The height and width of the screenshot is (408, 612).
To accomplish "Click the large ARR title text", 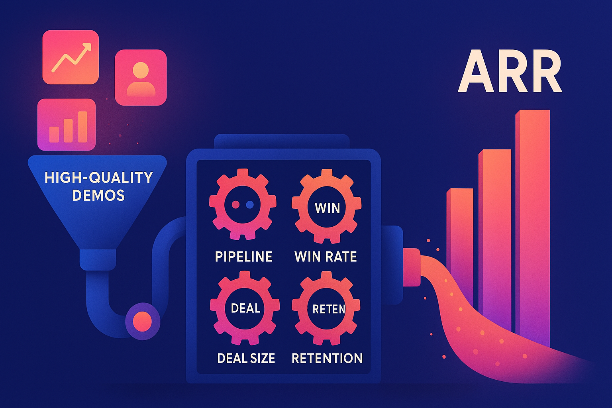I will click(x=510, y=72).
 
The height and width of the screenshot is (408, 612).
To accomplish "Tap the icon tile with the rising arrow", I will click(x=71, y=57).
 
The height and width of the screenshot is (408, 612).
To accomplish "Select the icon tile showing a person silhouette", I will click(x=140, y=77).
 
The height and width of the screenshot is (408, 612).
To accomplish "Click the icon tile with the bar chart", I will click(x=67, y=124).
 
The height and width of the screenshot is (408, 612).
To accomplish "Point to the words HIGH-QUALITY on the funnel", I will click(x=98, y=177).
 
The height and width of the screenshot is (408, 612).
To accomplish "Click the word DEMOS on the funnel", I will click(x=98, y=195).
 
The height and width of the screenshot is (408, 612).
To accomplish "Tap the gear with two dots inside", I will click(x=243, y=204).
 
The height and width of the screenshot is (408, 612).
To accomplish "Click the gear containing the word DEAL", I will click(x=245, y=308).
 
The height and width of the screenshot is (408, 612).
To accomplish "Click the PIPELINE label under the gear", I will click(x=243, y=257).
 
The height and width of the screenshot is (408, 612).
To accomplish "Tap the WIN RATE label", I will click(x=326, y=257).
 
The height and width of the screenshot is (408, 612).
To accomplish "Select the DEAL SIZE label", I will click(x=246, y=358).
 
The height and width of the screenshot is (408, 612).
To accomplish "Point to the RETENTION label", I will click(x=327, y=358).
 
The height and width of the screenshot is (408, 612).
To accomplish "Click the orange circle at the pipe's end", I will click(x=142, y=321).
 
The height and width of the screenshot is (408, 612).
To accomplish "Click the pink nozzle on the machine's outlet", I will click(x=412, y=267).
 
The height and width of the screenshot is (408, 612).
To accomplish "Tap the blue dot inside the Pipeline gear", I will click(x=250, y=204).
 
